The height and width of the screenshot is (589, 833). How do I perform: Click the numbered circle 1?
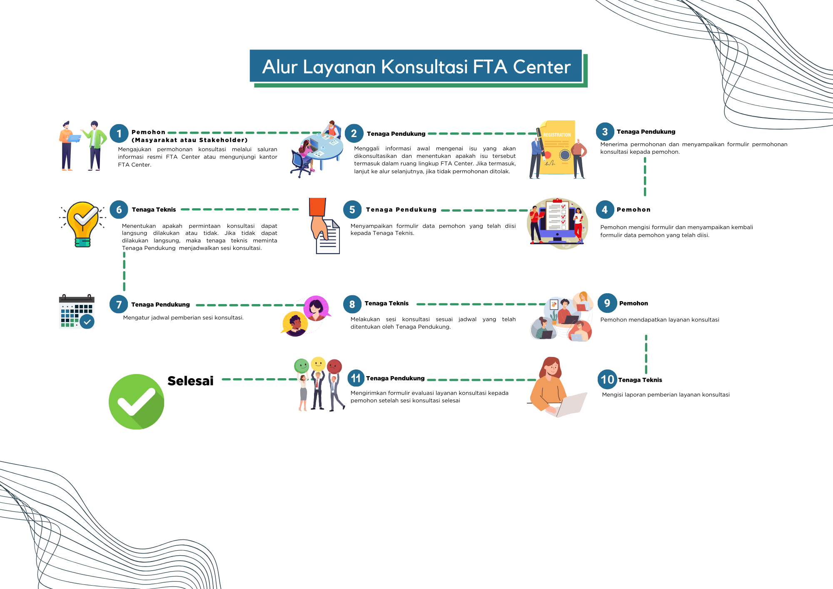tap(119, 134)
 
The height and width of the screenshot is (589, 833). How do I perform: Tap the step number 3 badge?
tap(605, 132)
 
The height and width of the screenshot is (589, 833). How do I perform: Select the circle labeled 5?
tap(352, 210)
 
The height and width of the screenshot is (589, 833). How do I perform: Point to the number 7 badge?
tap(119, 304)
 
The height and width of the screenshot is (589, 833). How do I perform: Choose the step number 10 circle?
tap(607, 379)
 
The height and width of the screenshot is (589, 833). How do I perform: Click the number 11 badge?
tap(356, 378)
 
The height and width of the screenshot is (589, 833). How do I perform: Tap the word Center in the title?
tap(541, 67)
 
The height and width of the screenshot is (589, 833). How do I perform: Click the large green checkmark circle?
tap(137, 402)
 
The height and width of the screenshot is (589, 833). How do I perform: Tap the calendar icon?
tap(77, 312)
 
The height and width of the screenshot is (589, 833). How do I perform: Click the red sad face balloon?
tap(334, 366)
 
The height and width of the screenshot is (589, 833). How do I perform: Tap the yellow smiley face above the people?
tap(318, 364)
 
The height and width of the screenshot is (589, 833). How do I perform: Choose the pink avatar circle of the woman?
tap(316, 307)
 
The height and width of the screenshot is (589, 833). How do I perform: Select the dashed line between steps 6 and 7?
tap(124, 271)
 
